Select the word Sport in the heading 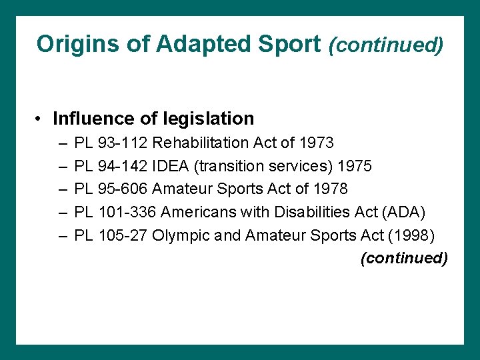pos(292,44)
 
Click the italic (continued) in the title pos(385,45)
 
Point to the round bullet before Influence pos(40,119)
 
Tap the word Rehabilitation pos(202,143)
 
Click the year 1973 pos(317,143)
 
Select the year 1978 pos(330,189)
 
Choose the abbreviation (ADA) pos(402,212)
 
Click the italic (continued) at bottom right pos(404,258)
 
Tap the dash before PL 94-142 pos(62,166)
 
